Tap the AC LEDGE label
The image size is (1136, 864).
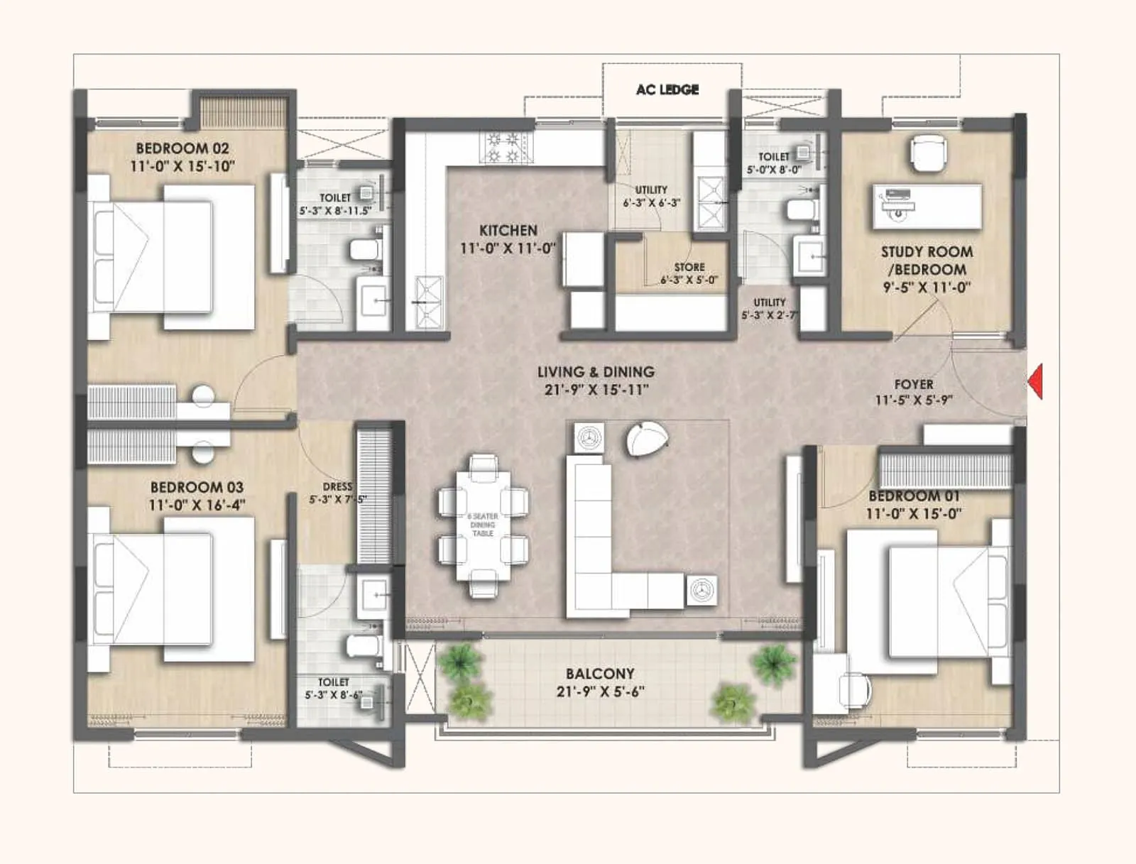pyautogui.click(x=667, y=89)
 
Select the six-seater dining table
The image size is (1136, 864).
pyautogui.click(x=483, y=525)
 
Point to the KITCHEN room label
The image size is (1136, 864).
pyautogui.click(x=508, y=231)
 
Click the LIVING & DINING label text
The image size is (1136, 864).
pyautogui.click(x=596, y=372)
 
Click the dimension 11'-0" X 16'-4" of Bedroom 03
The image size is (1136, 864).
pyautogui.click(x=197, y=505)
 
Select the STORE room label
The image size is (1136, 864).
pyautogui.click(x=689, y=267)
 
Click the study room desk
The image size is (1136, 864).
pyautogui.click(x=927, y=206)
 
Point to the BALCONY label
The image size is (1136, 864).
pyautogui.click(x=600, y=673)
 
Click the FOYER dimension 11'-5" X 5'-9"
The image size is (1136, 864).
pyautogui.click(x=913, y=400)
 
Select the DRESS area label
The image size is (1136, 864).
pyautogui.click(x=337, y=486)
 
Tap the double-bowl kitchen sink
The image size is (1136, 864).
pyautogui.click(x=428, y=302)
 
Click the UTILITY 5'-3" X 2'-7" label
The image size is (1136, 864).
pyautogui.click(x=770, y=308)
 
